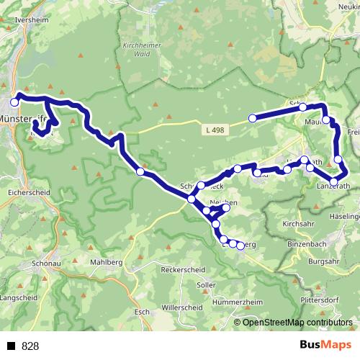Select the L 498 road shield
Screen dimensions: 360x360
[x=214, y=130]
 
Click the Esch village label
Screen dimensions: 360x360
[x=142, y=312]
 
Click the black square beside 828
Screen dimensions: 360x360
[x=12, y=346]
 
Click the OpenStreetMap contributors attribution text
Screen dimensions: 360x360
[x=297, y=323]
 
